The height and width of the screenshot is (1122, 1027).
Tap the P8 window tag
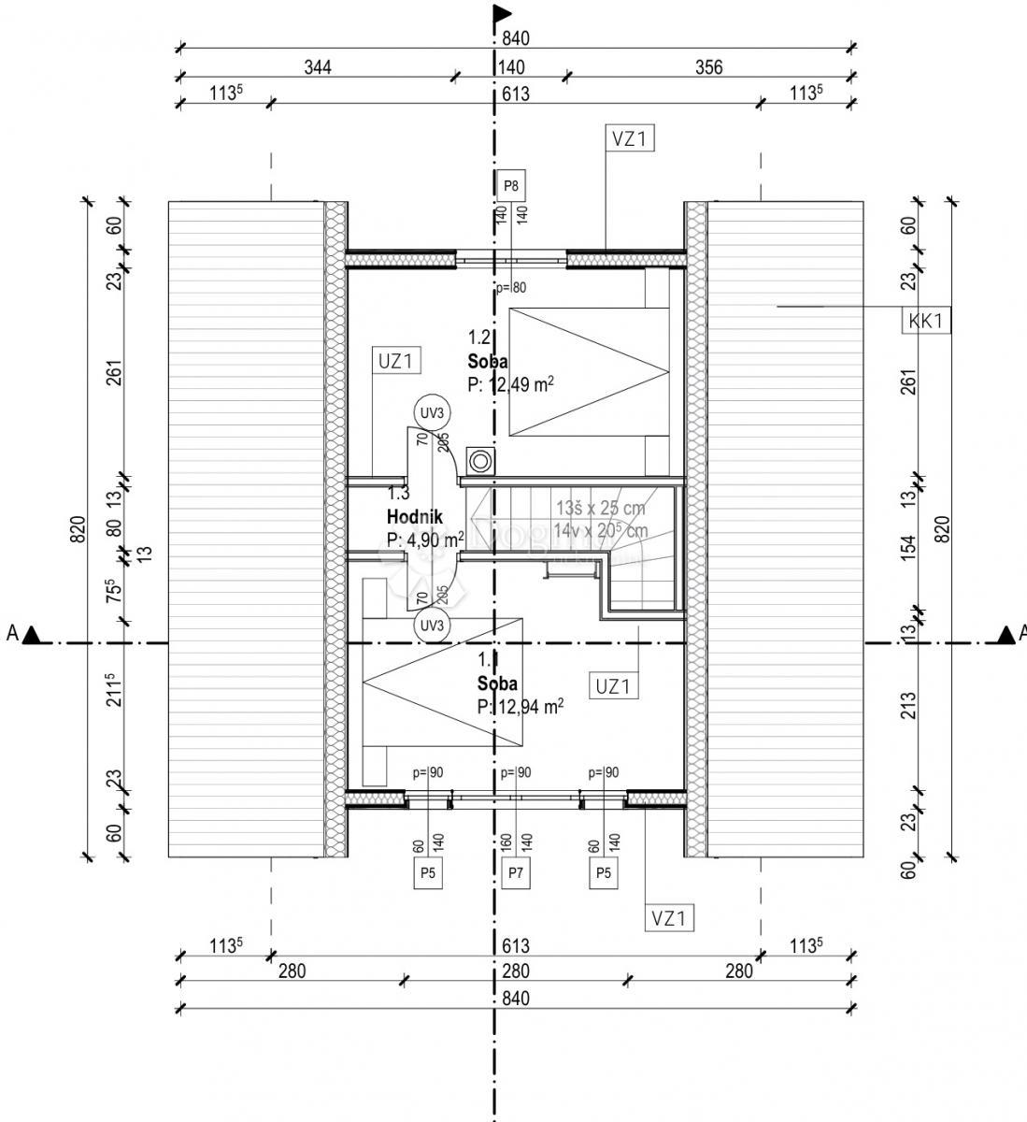[510, 185]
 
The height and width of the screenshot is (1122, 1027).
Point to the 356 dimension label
[709, 67]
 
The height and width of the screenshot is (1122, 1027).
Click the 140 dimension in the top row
[511, 67]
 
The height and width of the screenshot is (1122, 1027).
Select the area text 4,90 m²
[425, 539]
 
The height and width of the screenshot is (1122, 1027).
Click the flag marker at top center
[503, 13]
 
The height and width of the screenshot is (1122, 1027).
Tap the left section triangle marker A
[31, 636]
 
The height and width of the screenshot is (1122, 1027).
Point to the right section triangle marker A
[1006, 636]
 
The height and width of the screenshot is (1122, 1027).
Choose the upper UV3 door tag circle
[433, 412]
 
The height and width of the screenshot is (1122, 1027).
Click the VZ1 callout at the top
[630, 139]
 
